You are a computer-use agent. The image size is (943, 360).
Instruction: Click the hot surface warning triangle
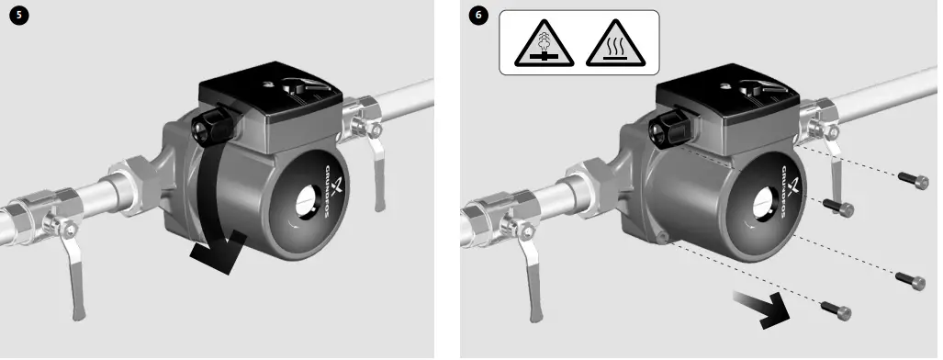[x=613, y=43]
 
